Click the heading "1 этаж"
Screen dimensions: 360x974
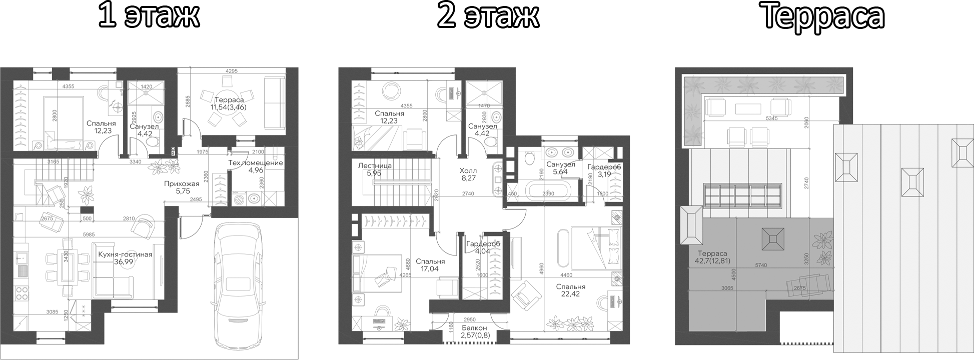pyautogui.click(x=149, y=16)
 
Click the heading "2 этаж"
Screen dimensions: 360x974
pyautogui.click(x=488, y=16)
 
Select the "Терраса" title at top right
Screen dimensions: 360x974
pyautogui.click(x=823, y=16)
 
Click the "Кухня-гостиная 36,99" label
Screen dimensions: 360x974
pyautogui.click(x=125, y=258)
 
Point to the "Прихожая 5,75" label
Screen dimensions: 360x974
pyautogui.click(x=182, y=187)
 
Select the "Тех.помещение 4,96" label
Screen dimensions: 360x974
pyautogui.click(x=256, y=167)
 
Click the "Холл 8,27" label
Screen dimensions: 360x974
pyautogui.click(x=469, y=173)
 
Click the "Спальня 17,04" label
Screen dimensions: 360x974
pyautogui.click(x=430, y=265)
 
